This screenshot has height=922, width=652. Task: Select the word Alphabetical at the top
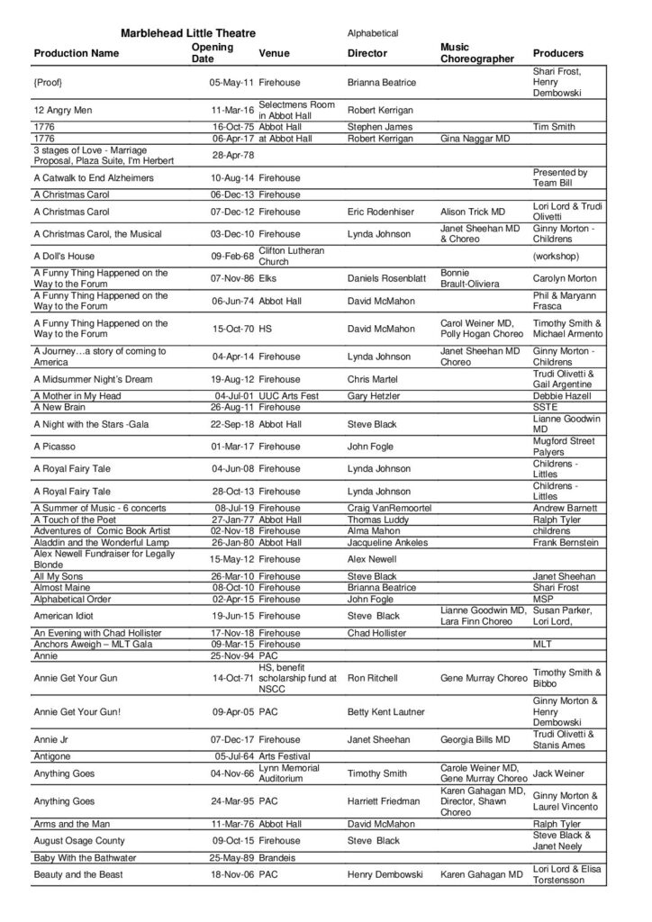[373, 33]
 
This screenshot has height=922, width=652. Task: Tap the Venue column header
[274, 53]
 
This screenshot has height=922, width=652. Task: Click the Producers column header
[558, 53]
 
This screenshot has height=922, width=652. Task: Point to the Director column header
[367, 53]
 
